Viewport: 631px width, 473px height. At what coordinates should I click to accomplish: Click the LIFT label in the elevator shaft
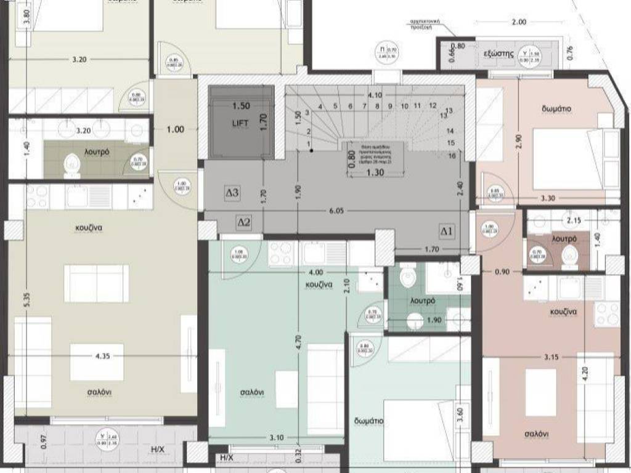pos(240,123)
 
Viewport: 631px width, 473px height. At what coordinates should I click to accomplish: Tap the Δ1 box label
pos(447,232)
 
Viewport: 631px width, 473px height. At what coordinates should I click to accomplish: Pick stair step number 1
pos(308,144)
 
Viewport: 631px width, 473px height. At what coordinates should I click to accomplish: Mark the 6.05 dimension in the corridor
pos(336,211)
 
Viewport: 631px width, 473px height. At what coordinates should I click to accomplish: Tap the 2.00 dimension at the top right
pos(519,22)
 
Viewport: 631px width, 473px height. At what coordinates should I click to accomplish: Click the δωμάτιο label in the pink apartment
pos(556,109)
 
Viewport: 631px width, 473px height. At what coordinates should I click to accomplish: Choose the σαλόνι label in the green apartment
pos(252,392)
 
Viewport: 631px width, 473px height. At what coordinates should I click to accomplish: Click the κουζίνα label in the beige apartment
pos(89,227)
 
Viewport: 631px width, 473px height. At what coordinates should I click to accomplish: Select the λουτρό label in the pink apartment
pos(564,238)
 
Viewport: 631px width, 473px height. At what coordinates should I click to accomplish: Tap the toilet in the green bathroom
pos(408,278)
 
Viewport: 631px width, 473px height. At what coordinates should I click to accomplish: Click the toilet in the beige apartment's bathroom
pos(72,164)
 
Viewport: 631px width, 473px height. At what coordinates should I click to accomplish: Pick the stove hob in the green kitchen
pos(282,254)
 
